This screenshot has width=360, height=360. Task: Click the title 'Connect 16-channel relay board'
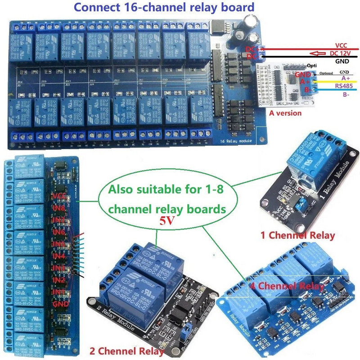pos(164,7)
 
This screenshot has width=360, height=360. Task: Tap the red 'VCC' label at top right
pos(341,45)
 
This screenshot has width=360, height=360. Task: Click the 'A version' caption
pos(285,113)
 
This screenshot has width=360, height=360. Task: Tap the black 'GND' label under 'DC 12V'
pos(342,61)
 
